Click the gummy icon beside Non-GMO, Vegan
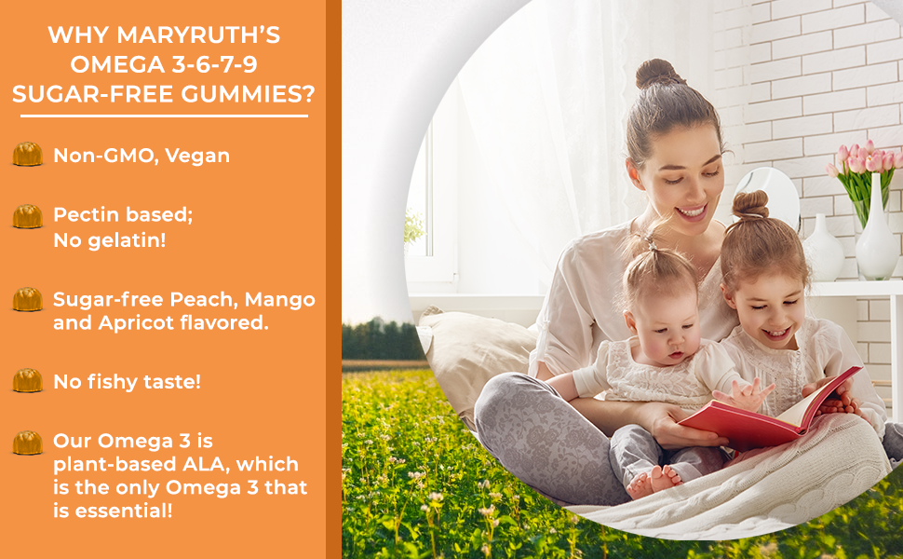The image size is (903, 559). click(27, 155)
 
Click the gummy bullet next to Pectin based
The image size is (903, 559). click(27, 216)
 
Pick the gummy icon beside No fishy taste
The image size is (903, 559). click(27, 380)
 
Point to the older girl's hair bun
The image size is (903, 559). click(750, 203)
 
